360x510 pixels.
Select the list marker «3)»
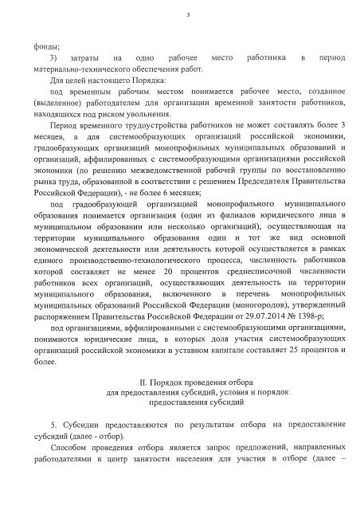coord(53,58)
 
